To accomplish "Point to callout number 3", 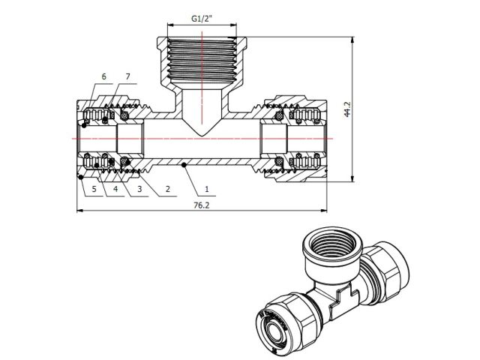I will click(139, 190).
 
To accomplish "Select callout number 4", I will click(116, 190).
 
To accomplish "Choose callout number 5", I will click(94, 190).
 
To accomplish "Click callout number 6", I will click(103, 77).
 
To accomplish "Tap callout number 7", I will click(128, 77).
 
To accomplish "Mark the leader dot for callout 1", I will click(184, 163).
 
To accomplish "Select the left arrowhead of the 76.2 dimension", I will click(80, 211).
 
